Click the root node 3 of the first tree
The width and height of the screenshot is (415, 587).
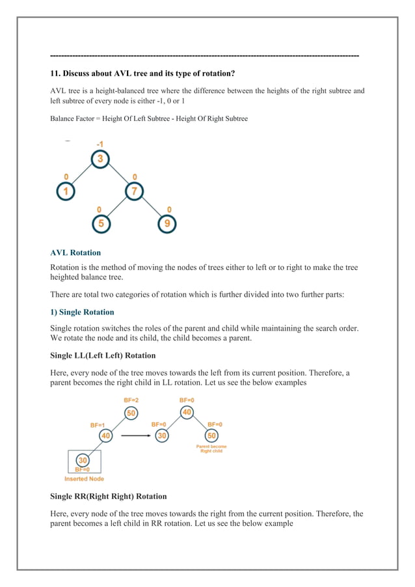(100, 159)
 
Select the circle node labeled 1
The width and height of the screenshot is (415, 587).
(65, 192)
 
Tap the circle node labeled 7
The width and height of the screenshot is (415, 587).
(135, 192)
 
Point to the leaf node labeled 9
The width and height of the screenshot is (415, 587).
(167, 225)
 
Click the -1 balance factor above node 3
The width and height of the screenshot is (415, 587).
(99, 144)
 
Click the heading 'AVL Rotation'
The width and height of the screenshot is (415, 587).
(75, 253)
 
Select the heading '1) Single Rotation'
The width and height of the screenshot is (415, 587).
(82, 312)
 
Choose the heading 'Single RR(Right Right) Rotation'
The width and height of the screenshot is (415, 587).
(108, 497)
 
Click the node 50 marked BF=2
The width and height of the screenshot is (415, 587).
(132, 413)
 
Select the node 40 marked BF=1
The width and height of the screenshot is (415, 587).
(106, 435)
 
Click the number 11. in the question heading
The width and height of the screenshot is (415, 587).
(56, 74)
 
